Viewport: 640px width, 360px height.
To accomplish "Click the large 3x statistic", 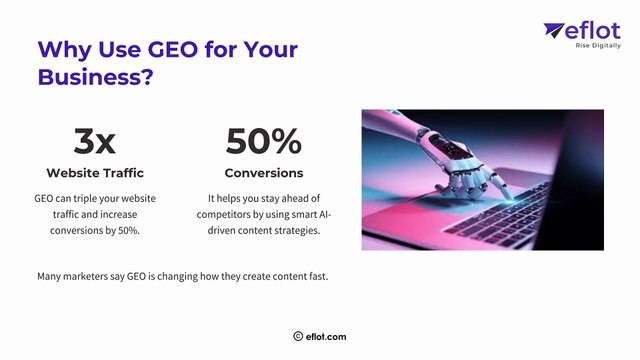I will click(x=95, y=142).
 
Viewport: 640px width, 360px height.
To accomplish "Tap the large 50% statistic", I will click(x=263, y=142).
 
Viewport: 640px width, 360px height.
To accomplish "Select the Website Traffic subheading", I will click(x=95, y=173).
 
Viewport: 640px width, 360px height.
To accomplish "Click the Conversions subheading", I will click(x=263, y=173).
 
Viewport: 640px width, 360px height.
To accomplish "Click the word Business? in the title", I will click(x=95, y=76).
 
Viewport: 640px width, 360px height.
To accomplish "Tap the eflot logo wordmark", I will click(x=593, y=32).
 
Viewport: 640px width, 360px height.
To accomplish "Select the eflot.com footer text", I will click(x=327, y=337).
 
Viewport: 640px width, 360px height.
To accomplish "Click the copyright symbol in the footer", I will click(x=298, y=337).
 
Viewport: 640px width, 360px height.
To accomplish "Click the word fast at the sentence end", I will click(x=317, y=276).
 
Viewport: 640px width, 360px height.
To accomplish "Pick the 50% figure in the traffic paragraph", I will click(x=127, y=231).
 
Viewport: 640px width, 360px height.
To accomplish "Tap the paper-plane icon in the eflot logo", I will click(x=554, y=32).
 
